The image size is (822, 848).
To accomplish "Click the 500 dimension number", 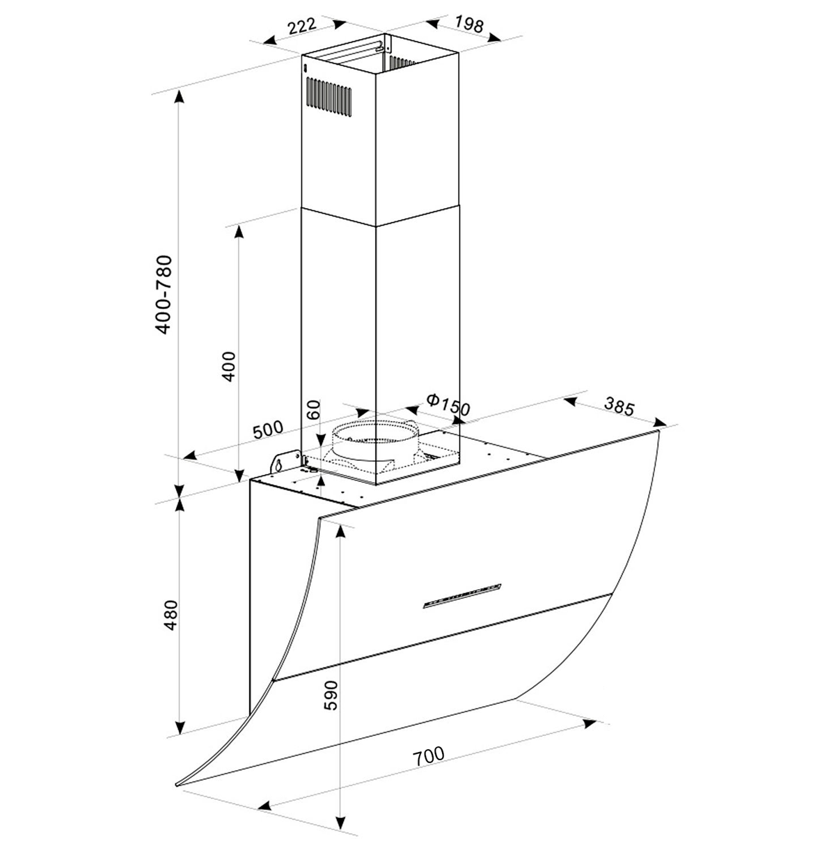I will (267, 430).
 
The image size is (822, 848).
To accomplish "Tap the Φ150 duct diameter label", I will (448, 405).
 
